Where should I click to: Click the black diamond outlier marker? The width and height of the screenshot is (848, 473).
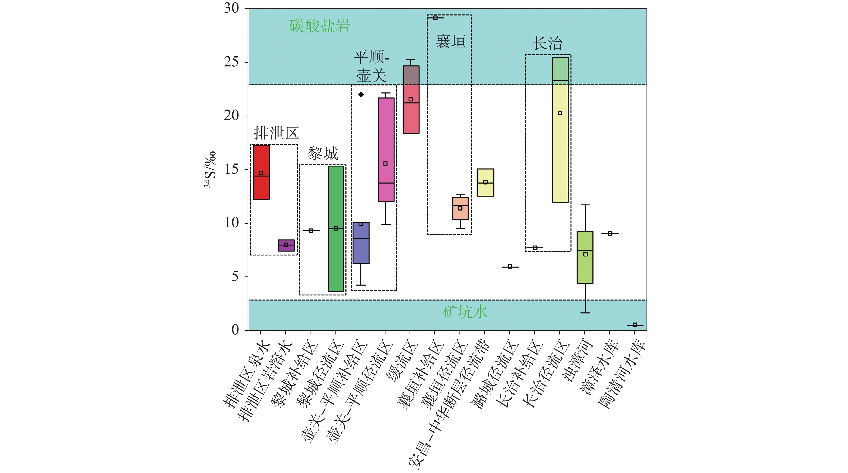361,95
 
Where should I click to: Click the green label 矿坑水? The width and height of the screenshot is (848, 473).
465,312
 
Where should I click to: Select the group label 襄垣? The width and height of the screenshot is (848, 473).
451,42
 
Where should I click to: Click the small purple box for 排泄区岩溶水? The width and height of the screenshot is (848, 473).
286,246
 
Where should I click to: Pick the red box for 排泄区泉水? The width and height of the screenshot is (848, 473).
261,172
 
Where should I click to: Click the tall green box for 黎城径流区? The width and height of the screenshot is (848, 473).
336,228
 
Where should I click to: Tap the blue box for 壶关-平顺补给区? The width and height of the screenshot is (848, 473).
361,243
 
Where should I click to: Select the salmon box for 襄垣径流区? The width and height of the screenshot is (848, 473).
460,208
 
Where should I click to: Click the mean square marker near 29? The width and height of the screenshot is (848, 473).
435,17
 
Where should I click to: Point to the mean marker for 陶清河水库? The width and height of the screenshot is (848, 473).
635,325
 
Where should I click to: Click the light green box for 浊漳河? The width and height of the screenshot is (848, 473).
585,257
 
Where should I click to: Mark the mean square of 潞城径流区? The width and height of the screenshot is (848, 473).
510,267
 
